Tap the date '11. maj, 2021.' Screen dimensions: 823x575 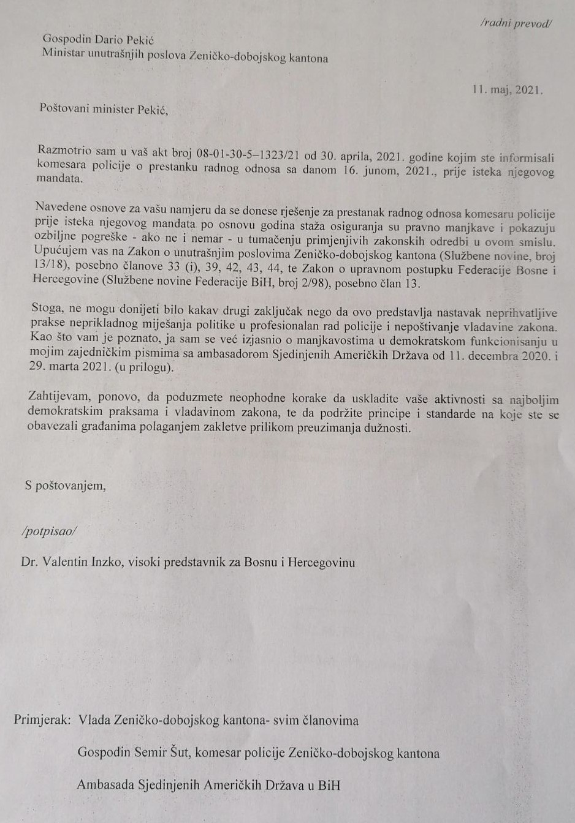point(508,89)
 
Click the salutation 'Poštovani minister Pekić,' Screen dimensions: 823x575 point(103,110)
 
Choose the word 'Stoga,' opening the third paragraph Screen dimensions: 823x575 point(48,308)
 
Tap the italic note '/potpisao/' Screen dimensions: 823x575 point(50,531)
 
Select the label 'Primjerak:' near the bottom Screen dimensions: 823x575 point(42,720)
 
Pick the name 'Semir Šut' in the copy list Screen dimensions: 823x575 point(162,753)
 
